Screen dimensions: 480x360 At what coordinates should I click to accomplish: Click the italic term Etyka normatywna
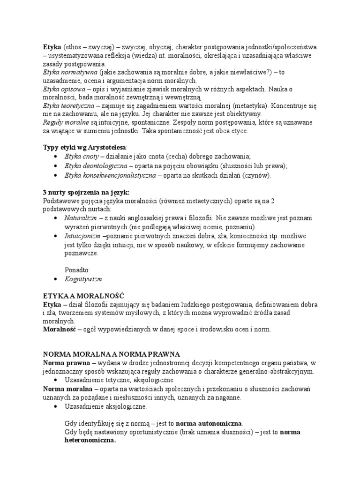pos(69,73)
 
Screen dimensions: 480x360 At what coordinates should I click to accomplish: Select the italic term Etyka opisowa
pos(64,89)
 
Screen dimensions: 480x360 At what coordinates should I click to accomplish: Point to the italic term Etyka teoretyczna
pos(67,105)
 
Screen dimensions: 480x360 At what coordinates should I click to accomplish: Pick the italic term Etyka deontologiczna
pos(96,166)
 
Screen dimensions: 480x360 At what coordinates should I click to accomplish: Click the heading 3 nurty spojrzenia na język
pos(86,192)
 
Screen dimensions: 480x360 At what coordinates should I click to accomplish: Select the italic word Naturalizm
pos(80,218)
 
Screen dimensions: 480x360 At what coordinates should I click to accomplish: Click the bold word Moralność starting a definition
pos(60,330)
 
